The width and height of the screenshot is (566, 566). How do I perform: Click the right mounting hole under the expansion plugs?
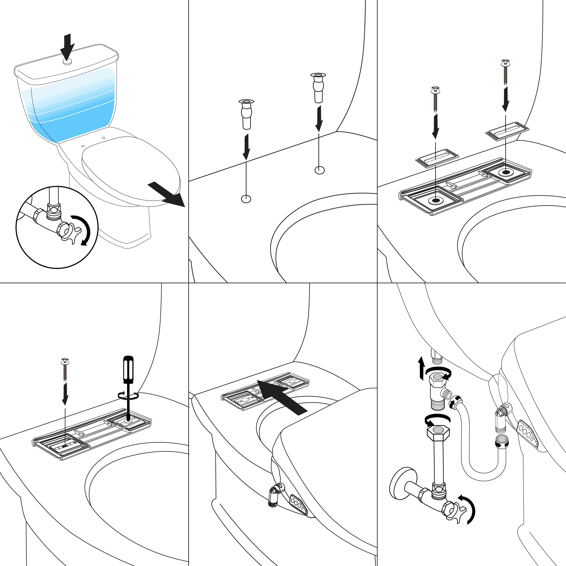click(320, 170)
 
